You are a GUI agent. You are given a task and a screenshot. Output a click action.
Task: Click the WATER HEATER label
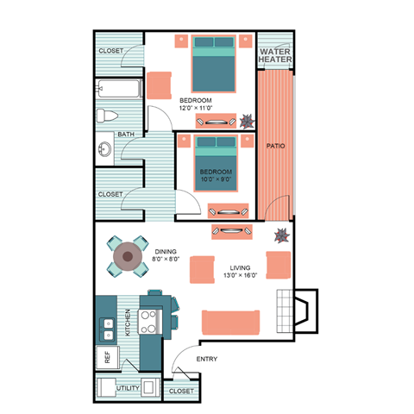coord(276,55)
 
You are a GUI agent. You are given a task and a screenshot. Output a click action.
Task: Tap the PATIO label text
coord(276,146)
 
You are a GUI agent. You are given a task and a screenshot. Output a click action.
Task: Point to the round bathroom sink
coord(104,149)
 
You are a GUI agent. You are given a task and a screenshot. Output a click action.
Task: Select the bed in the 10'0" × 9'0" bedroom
coord(216,162)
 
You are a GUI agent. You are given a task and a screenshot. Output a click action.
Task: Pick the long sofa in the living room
coord(229,322)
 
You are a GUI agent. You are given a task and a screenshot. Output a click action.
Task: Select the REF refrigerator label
coord(108,358)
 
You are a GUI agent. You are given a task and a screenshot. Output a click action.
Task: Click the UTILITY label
coord(128,389)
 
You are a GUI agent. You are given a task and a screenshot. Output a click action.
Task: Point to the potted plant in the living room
coord(281,235)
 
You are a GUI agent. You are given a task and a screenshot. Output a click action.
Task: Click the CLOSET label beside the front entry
coord(181,391)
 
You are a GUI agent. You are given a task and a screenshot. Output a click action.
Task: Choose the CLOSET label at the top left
coord(110,51)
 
